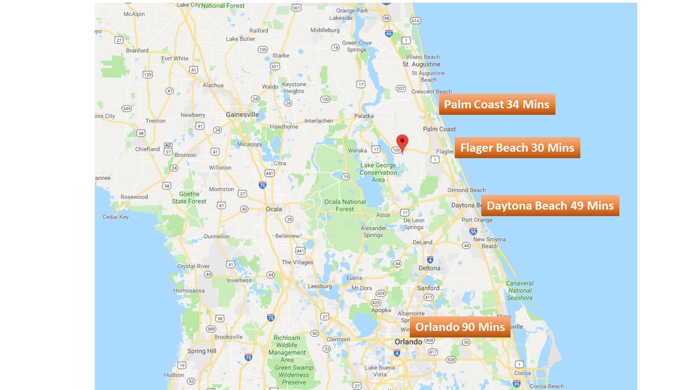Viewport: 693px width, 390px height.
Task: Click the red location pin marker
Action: tap(402, 142)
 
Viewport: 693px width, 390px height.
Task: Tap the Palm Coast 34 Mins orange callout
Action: tap(496, 105)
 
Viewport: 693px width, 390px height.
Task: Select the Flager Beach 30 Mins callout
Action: tap(517, 148)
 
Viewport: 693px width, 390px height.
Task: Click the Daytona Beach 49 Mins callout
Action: tap(550, 206)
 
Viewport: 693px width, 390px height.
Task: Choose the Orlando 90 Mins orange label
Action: tap(460, 327)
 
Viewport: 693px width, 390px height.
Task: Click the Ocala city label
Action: tap(274, 209)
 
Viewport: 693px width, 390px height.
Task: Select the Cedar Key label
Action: tap(116, 217)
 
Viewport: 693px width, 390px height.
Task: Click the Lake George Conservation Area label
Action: tap(378, 173)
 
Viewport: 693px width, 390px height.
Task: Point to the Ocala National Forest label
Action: tap(345, 205)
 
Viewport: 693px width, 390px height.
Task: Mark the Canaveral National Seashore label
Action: tap(520, 290)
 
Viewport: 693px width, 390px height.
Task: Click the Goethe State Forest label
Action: tap(189, 198)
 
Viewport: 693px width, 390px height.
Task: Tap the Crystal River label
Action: tap(193, 266)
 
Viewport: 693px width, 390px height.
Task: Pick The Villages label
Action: tap(297, 262)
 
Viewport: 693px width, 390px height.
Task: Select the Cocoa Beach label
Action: tap(547, 386)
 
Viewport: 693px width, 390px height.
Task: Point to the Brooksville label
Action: tap(228, 337)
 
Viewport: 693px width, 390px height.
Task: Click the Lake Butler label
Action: tap(240, 39)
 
